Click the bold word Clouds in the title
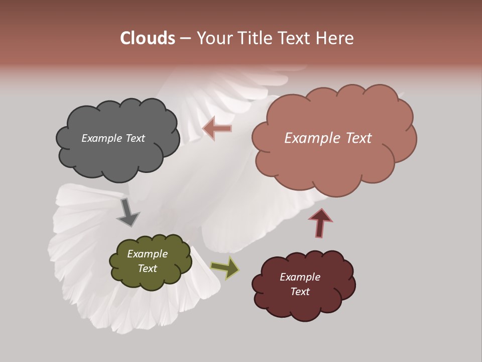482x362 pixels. point(147,38)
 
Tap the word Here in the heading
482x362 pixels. point(335,38)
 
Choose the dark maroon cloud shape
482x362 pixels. point(303,307)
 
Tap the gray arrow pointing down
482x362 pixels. point(128,212)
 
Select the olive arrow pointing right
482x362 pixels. point(225,268)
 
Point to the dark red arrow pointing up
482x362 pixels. point(321,222)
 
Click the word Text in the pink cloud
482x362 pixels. point(357,138)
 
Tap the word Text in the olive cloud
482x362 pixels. point(148,268)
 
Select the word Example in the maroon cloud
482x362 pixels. point(300,277)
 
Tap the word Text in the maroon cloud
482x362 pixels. point(300,292)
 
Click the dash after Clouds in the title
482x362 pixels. point(185,38)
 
